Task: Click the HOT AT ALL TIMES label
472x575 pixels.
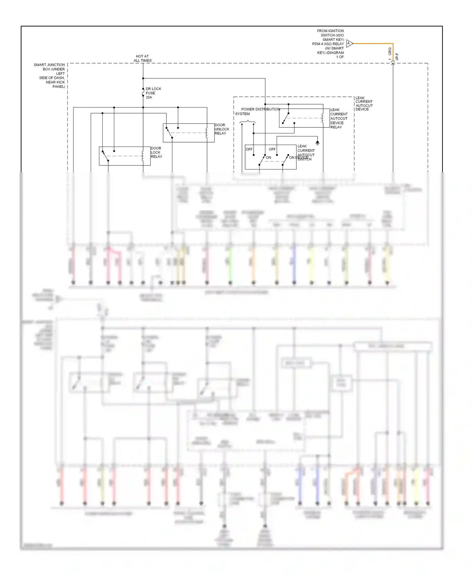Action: (143, 59)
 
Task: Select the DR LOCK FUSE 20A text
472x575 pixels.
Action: (153, 93)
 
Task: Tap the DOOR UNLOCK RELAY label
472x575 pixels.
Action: (222, 129)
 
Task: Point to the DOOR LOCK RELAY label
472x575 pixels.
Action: (156, 152)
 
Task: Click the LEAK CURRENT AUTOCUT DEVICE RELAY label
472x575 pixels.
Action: (339, 118)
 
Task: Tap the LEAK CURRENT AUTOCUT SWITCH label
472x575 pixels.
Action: (306, 153)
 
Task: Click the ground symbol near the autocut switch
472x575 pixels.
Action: (317, 143)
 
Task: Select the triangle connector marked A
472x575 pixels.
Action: (349, 43)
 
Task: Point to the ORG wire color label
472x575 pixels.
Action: (390, 51)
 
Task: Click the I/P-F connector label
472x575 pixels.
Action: (397, 57)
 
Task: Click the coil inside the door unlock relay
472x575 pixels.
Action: (206, 133)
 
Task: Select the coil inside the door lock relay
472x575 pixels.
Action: (143, 156)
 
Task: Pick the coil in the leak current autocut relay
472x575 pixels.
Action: (323, 118)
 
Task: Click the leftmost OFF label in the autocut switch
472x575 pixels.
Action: (249, 149)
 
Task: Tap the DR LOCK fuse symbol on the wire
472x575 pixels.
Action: (143, 92)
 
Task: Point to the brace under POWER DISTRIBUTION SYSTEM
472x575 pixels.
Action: (248, 122)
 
